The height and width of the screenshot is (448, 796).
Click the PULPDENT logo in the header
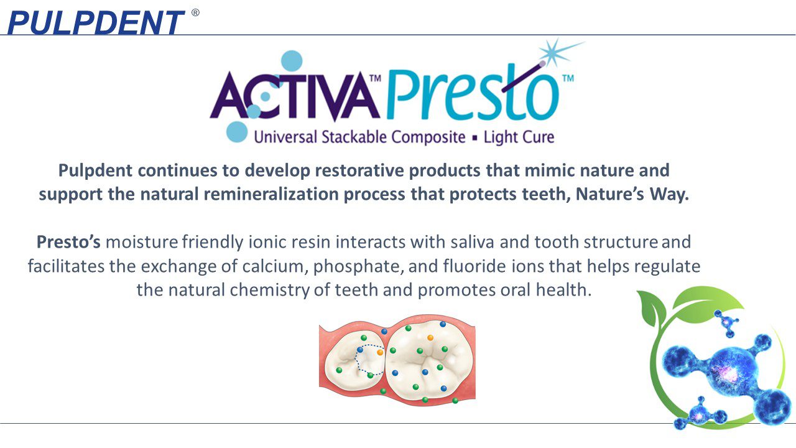click(x=96, y=22)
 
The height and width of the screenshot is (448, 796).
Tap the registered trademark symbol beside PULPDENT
click(x=195, y=13)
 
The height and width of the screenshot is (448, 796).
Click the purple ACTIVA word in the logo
click(x=294, y=96)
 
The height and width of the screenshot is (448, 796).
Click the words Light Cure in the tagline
click(x=519, y=138)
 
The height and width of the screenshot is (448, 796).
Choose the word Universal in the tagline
click(x=285, y=138)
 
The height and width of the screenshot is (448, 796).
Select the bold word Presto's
click(x=68, y=242)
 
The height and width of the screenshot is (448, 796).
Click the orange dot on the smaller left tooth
click(x=380, y=352)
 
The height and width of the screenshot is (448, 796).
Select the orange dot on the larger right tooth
click(x=430, y=337)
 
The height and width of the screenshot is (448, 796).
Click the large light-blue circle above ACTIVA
click(x=292, y=61)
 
